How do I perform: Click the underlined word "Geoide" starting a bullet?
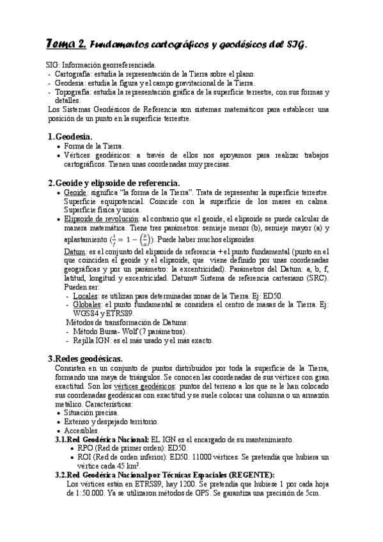(x=75, y=192)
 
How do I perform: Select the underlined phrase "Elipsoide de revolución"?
(x=102, y=219)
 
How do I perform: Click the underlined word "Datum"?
(x=75, y=252)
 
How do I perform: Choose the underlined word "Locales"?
(x=86, y=296)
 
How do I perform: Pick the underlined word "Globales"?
(x=88, y=305)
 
